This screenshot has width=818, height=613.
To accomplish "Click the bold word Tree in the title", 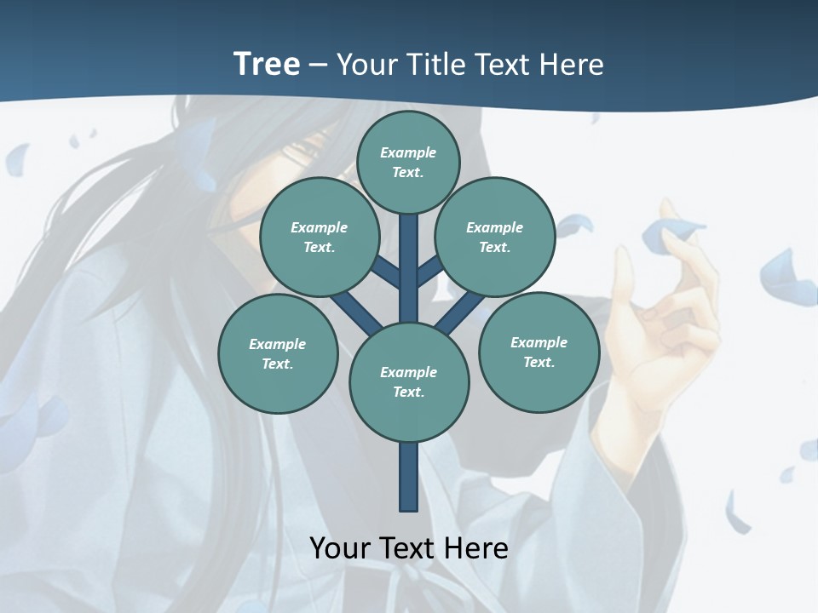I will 267,64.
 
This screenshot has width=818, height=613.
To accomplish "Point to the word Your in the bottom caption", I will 341,548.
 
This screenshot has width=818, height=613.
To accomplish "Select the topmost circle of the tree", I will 408,162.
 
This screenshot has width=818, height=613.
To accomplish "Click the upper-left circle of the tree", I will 320,237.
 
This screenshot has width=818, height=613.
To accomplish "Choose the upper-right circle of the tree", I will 495,237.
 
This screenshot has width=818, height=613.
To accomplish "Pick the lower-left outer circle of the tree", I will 278,353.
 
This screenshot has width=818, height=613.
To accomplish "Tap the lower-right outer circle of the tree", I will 539,352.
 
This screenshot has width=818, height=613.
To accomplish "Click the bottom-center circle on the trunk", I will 409,382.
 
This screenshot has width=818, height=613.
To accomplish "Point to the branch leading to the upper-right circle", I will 429,272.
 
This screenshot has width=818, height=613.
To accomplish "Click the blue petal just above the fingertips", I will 674,232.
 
